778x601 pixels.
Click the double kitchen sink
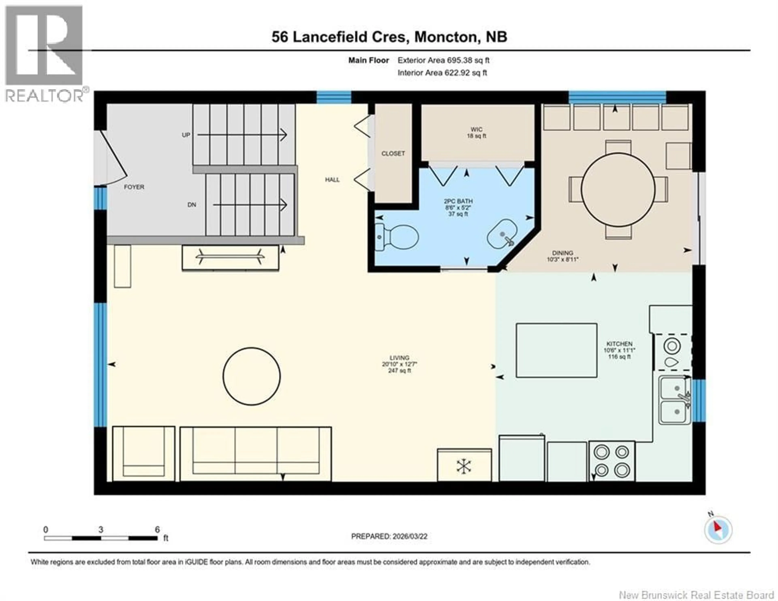[674, 400]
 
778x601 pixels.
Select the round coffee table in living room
[251, 376]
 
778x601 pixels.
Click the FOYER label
[134, 187]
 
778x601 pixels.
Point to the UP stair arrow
[242, 135]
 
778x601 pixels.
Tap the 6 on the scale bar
[157, 530]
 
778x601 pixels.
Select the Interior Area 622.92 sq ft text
[442, 73]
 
